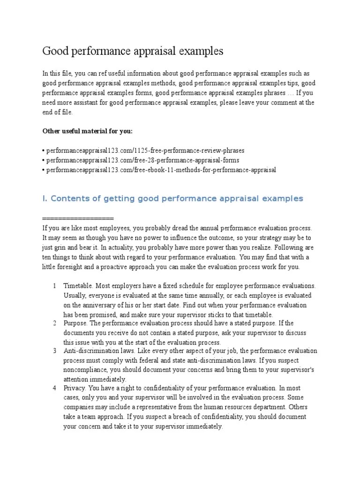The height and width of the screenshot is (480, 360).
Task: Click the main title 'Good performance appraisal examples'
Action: [x=133, y=51]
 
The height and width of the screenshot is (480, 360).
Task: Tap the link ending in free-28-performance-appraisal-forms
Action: [x=142, y=160]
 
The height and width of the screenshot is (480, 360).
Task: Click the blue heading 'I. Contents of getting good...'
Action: [x=172, y=199]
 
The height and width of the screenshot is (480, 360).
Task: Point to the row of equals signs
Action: [x=78, y=219]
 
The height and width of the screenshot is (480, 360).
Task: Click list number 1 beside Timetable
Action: [x=55, y=286]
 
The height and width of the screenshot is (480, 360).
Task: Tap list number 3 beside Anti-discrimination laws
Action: [x=55, y=351]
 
